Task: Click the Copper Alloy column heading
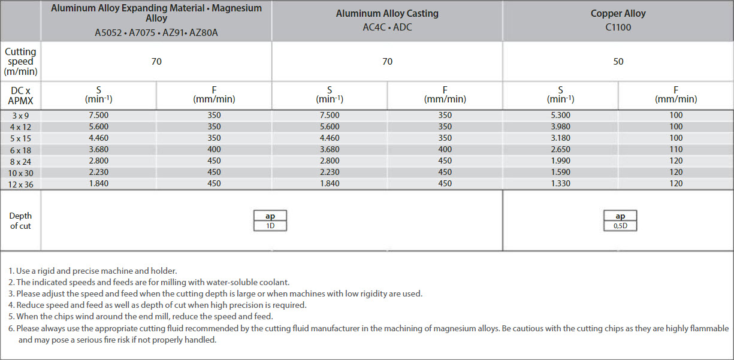pyautogui.click(x=618, y=13)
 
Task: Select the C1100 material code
pyautogui.click(x=618, y=27)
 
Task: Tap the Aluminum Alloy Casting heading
pyautogui.click(x=387, y=13)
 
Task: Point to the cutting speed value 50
pyautogui.click(x=618, y=61)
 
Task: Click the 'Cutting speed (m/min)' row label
pyautogui.click(x=20, y=61)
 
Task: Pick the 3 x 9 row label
pyautogui.click(x=20, y=116)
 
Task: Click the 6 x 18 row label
pyautogui.click(x=20, y=150)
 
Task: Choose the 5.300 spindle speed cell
pyautogui.click(x=561, y=116)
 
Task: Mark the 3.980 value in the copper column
pyautogui.click(x=561, y=127)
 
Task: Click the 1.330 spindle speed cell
pyautogui.click(x=561, y=184)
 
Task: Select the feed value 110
pyautogui.click(x=676, y=150)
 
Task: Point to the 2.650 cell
pyautogui.click(x=561, y=150)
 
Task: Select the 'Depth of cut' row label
pyautogui.click(x=20, y=220)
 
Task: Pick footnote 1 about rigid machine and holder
pyautogui.click(x=93, y=271)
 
